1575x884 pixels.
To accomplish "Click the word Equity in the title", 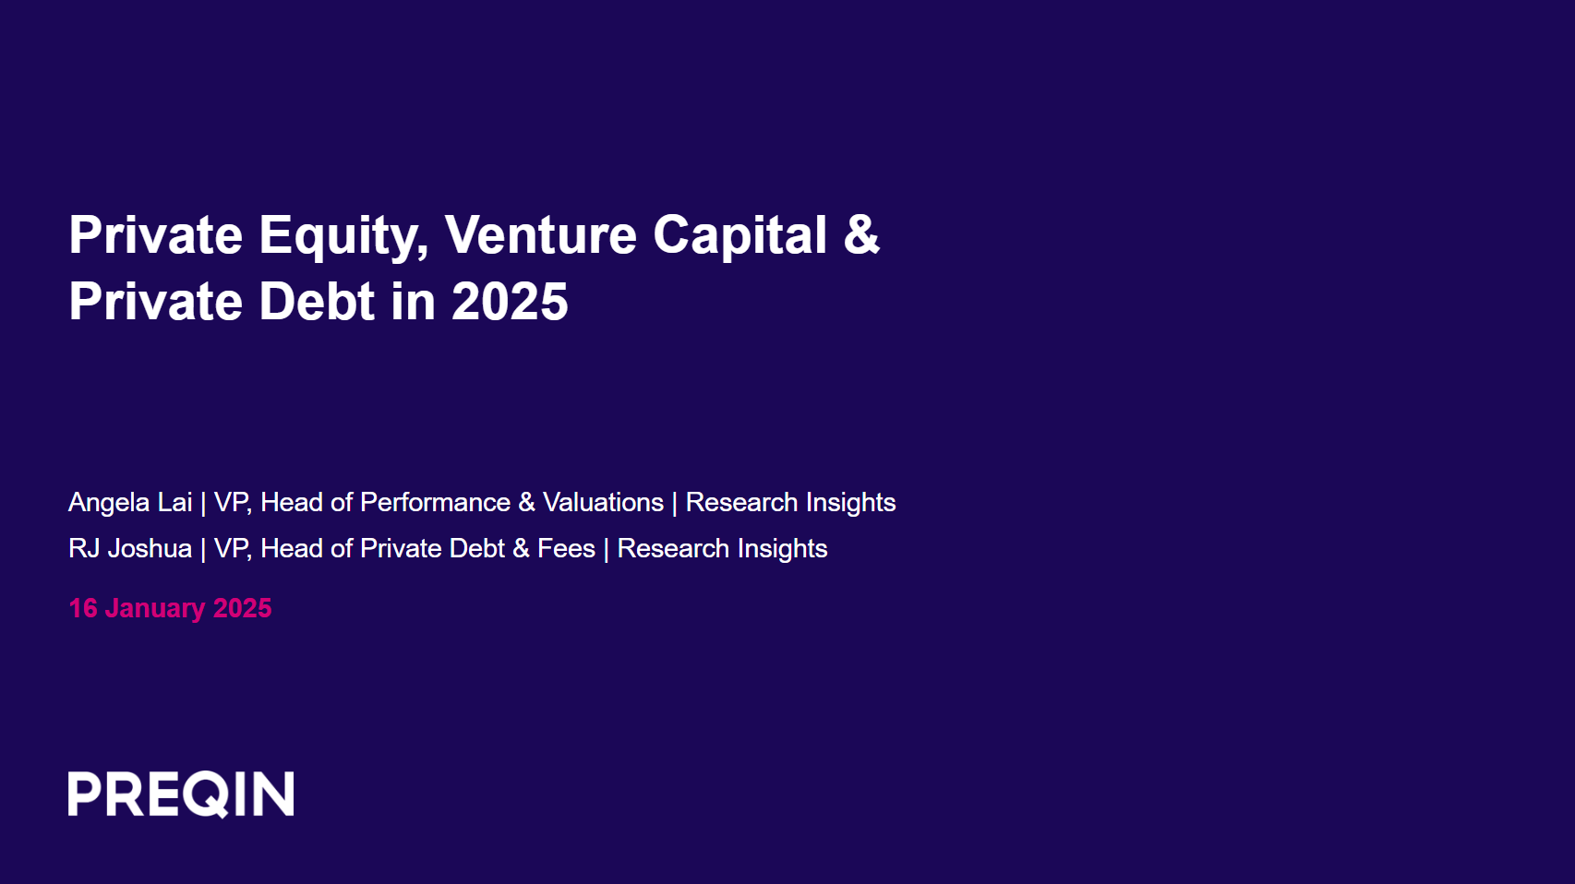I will pos(343,236).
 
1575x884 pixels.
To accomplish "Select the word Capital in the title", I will pos(739,236).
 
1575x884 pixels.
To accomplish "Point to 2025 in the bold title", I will pos(510,302).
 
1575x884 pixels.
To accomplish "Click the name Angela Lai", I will pos(130,502).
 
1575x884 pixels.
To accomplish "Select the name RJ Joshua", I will pos(130,548).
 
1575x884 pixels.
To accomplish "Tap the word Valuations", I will pos(603,502).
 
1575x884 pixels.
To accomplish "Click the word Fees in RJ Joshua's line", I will pos(566,548).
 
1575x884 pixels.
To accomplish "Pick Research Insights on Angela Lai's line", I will pos(790,502).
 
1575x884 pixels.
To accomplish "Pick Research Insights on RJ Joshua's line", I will pos(722,548).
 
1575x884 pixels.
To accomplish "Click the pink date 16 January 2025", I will pos(170,608).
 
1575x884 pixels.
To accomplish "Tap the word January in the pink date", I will pos(155,608).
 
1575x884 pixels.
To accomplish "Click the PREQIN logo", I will pos(181,794).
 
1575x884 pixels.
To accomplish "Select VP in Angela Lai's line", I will pos(231,502).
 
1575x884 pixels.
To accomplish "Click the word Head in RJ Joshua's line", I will pos(291,548).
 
